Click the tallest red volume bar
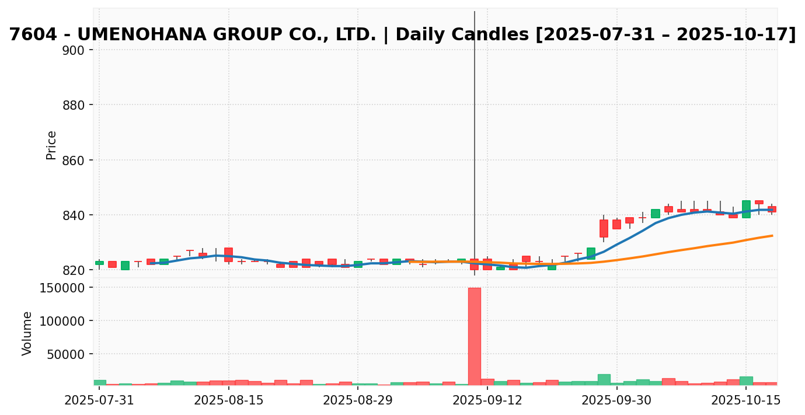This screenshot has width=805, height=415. pos(474,336)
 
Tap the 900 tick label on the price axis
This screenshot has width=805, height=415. pos(74,50)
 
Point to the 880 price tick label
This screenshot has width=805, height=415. pos(74,105)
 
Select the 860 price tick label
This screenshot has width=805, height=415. pos(74,161)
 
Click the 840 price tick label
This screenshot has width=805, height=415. pos(74,215)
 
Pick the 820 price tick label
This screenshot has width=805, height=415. pos(74,270)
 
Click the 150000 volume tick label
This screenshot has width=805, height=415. pos(62,288)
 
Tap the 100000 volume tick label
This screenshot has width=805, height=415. pos(62,321)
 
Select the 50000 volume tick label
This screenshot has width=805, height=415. pos(65,354)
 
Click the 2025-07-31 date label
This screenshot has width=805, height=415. pos(99,401)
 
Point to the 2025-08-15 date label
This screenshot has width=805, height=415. pos(229,401)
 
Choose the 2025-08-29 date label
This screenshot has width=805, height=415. pos(358,401)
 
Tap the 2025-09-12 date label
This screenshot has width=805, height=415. pos(487,401)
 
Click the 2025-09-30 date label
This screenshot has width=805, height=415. pos(616,401)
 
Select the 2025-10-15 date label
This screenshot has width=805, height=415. pos(746,401)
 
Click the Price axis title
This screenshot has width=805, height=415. pos(51,145)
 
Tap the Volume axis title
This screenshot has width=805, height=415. pos(27,333)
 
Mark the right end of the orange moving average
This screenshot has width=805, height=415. pos(772,236)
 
